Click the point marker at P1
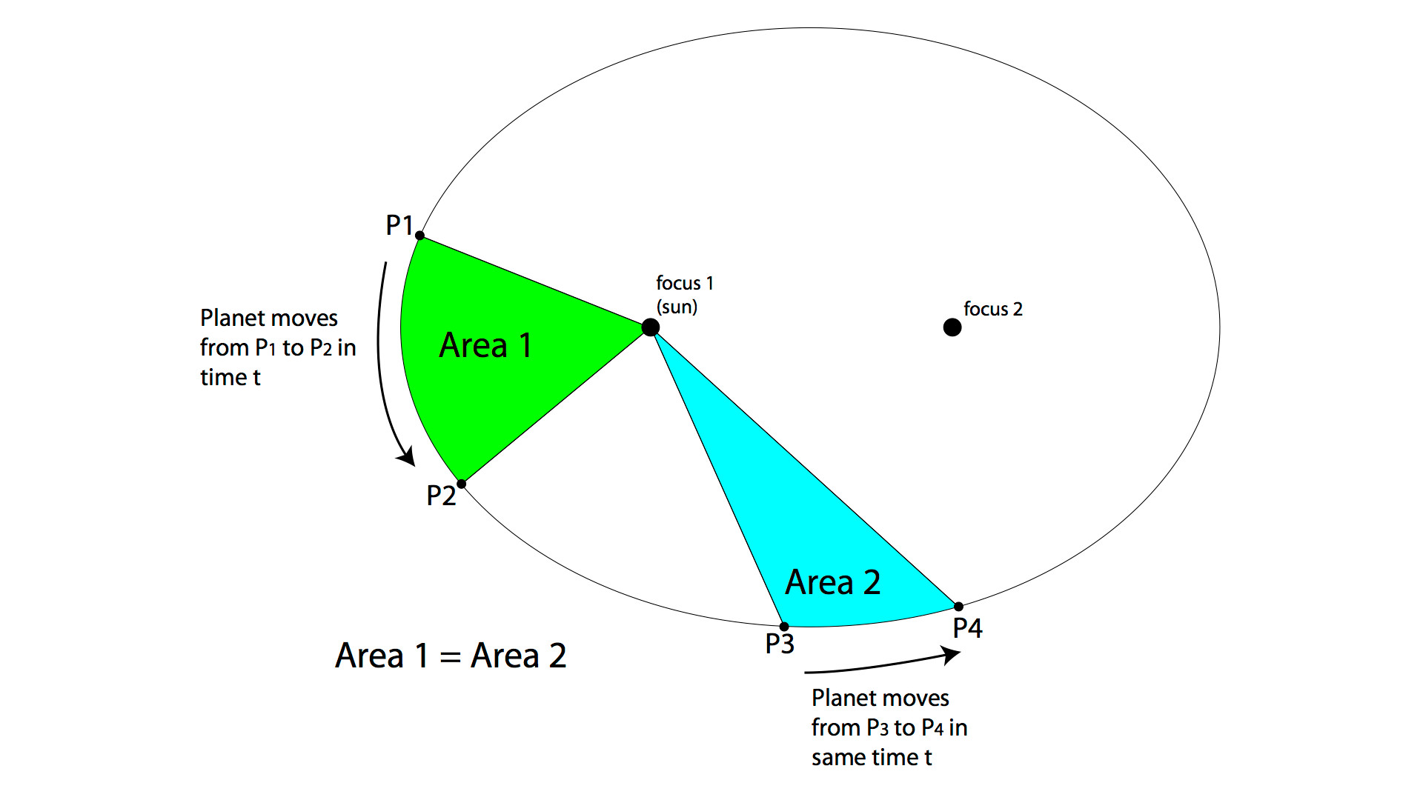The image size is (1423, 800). pyautogui.click(x=419, y=236)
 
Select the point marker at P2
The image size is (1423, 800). pyautogui.click(x=461, y=484)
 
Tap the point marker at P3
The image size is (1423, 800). pyautogui.click(x=784, y=627)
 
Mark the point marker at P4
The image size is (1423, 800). pyautogui.click(x=958, y=607)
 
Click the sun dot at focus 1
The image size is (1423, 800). pyautogui.click(x=650, y=327)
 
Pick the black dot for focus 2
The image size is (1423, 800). pyautogui.click(x=952, y=327)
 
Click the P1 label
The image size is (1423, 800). pyautogui.click(x=399, y=225)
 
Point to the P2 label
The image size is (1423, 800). pyautogui.click(x=441, y=496)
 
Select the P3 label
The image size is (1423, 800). pyautogui.click(x=780, y=644)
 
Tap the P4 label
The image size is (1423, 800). pyautogui.click(x=967, y=629)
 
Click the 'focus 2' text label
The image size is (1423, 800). pyautogui.click(x=992, y=309)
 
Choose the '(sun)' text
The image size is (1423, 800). pyautogui.click(x=677, y=307)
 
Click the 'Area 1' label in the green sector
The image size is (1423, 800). pyautogui.click(x=485, y=345)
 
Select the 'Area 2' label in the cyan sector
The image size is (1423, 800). pyautogui.click(x=833, y=582)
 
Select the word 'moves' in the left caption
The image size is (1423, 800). pyautogui.click(x=305, y=319)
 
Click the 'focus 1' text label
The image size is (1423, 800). pyautogui.click(x=684, y=283)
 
